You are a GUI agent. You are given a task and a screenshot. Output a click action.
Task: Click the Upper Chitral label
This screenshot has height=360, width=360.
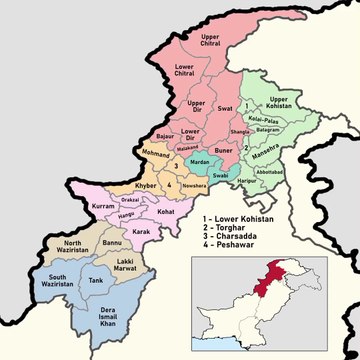tap(210, 42)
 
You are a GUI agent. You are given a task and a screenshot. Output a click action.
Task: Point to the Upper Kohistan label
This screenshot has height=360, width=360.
tap(284, 103)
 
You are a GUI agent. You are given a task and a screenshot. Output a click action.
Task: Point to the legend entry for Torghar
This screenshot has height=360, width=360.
tap(235, 228)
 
